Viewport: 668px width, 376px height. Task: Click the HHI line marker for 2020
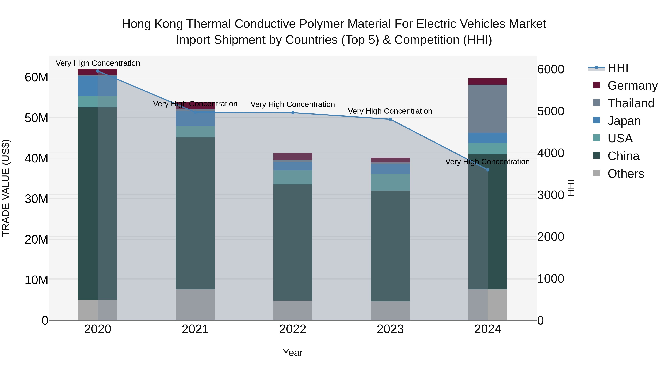[98, 71]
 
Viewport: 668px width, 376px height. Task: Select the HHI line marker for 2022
[293, 113]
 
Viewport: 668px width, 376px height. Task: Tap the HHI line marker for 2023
[390, 119]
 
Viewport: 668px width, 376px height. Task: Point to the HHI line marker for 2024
[488, 170]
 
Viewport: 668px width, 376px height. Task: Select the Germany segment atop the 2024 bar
[488, 82]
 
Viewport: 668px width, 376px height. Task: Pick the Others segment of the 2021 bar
[195, 305]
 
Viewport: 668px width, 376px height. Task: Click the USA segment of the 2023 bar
[390, 182]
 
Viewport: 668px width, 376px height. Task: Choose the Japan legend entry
[624, 121]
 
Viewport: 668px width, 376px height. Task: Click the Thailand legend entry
[631, 103]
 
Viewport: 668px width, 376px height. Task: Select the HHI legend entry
[618, 68]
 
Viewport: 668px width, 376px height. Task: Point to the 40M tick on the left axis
[36, 158]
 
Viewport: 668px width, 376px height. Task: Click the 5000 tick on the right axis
[551, 111]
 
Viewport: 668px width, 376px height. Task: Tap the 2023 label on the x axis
[390, 329]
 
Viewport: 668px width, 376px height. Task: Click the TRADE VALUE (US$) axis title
[6, 188]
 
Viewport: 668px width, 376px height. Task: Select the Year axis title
[293, 353]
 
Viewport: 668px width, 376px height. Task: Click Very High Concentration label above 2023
[390, 111]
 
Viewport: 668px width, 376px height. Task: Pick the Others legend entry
[626, 174]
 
